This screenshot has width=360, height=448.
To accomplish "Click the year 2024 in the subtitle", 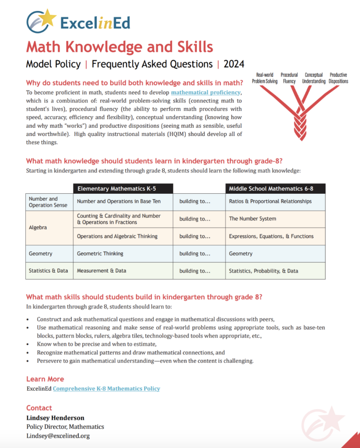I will point(234,64).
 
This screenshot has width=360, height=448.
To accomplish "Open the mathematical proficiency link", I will point(206,93).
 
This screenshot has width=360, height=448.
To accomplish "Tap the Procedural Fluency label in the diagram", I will point(289,78).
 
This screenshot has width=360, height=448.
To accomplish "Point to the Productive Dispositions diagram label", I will point(339,78).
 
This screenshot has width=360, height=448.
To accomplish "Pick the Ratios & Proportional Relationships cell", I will point(270,202).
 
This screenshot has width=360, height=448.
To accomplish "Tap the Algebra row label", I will point(38,227).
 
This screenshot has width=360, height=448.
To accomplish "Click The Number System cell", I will point(252,219).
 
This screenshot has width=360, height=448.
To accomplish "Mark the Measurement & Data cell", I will point(101,271).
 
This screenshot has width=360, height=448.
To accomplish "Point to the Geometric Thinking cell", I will point(100,253).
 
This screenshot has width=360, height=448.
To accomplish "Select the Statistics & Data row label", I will point(49,271).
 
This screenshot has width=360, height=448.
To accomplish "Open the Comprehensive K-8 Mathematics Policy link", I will point(106,388).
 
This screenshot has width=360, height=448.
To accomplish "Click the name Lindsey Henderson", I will point(55,418).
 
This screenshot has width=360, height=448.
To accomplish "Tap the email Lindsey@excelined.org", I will point(58,436).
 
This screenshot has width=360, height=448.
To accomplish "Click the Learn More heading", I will point(45,379).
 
